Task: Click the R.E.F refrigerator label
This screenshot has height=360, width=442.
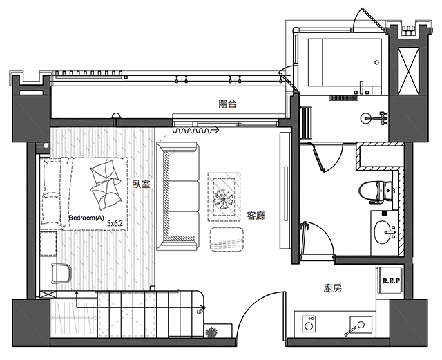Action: (x=392, y=281)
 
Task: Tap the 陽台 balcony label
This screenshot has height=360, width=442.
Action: (x=227, y=104)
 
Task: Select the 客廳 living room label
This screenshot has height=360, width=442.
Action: (x=256, y=216)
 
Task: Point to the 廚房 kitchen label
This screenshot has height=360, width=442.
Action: (x=333, y=288)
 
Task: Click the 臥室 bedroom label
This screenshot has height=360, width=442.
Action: (x=142, y=184)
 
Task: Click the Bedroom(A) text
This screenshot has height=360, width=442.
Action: (x=86, y=218)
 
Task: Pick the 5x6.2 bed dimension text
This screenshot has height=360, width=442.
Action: (x=115, y=223)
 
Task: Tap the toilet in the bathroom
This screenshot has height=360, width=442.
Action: (x=376, y=192)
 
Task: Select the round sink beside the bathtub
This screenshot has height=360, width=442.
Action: (x=366, y=118)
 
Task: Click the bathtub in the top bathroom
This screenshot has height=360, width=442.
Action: (x=345, y=62)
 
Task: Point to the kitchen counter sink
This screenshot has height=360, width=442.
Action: (x=361, y=325)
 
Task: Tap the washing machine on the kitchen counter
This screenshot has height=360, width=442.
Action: (x=309, y=323)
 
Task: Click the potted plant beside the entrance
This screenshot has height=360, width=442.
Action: (x=211, y=332)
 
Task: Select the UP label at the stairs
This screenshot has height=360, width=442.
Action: (x=200, y=312)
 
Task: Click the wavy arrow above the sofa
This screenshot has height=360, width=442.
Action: (x=196, y=131)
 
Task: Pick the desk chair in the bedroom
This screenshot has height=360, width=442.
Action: (x=61, y=273)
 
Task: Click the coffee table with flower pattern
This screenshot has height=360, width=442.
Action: (x=224, y=197)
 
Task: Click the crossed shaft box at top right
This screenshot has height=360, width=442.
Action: (x=408, y=70)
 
